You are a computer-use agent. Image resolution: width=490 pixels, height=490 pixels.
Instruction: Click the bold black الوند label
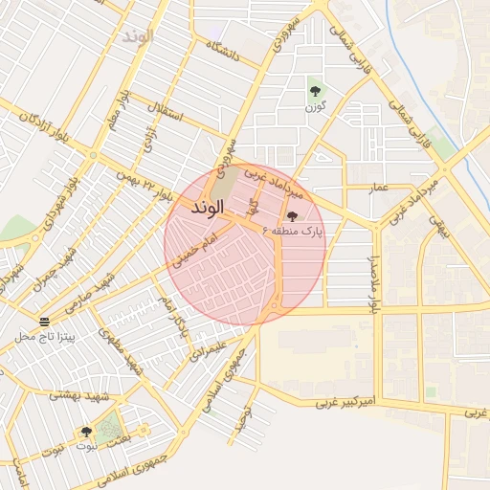tap(208, 207)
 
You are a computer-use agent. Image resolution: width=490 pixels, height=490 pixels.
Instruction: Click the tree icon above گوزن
tap(315, 92)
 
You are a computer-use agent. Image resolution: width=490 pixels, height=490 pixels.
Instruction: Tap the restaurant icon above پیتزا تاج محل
tap(44, 320)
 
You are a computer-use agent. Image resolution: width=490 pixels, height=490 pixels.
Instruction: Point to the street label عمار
tap(380, 188)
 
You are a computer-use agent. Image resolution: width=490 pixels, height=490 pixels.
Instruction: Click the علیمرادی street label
tap(204, 351)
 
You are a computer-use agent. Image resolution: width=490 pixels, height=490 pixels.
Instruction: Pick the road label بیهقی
tap(436, 226)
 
